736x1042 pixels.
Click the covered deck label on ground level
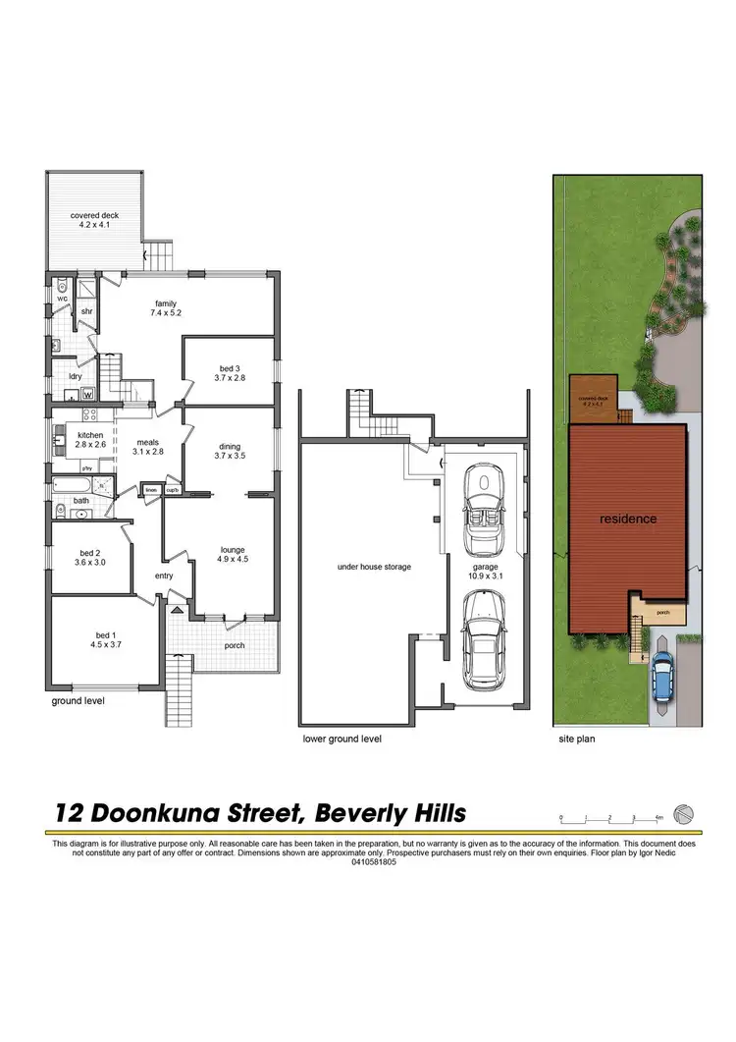point(93,215)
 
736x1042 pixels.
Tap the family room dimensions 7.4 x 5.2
point(166,312)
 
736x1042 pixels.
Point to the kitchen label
point(90,435)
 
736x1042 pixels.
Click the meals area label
point(147,441)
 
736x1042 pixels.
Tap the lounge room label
point(233,550)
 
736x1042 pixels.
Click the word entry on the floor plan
point(163,576)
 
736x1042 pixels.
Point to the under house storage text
point(373,567)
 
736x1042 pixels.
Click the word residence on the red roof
point(628,519)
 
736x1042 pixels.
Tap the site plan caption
point(576,739)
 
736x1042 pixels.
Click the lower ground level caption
point(342,739)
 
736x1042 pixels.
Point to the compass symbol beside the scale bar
point(685,814)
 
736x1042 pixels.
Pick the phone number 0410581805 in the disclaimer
point(368,862)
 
